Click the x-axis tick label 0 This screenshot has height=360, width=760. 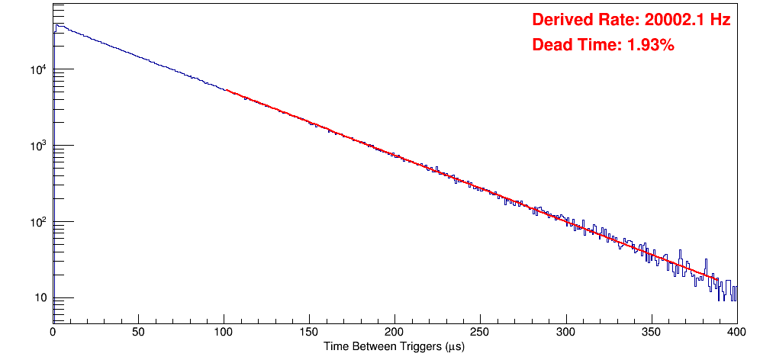pos(53,333)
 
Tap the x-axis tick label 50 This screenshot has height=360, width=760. pos(138,333)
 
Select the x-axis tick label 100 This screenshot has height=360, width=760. pos(224,333)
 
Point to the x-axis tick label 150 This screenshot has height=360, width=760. pos(309,333)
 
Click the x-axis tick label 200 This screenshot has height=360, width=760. pos(394,333)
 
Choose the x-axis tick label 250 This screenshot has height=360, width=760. pos(480,333)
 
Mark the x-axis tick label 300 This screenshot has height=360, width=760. pos(565,333)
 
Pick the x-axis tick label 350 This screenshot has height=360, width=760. pos(651,333)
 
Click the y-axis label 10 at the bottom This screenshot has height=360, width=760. pos(40,298)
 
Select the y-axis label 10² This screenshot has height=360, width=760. pos(39,222)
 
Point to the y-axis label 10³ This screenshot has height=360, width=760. pos(39,146)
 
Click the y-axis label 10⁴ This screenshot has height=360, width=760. pos(39,70)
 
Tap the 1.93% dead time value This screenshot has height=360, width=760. pos(650,46)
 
